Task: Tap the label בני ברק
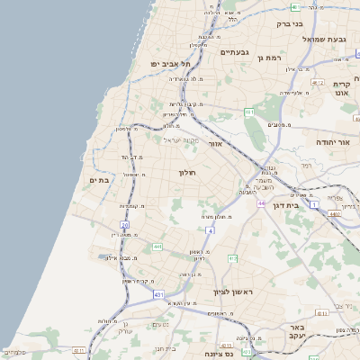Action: (287, 24)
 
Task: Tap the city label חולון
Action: (187, 172)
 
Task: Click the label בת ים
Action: (98, 180)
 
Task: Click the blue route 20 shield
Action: (125, 225)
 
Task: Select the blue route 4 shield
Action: (210, 231)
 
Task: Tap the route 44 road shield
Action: (260, 203)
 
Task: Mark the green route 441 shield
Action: (157, 247)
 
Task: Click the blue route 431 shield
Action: (159, 294)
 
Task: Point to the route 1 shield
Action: (314, 205)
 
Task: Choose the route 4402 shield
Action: (335, 214)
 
